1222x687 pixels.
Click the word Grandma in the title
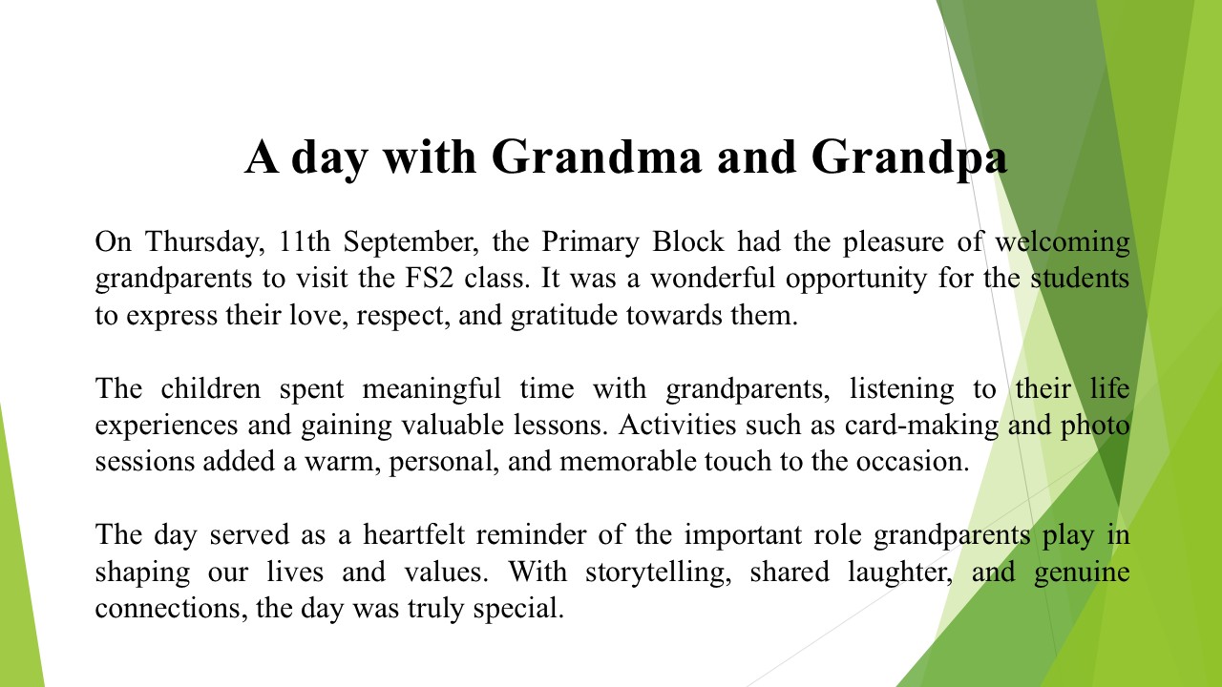click(597, 157)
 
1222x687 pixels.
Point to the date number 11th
click(305, 241)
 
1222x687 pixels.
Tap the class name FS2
click(429, 278)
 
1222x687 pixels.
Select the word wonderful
click(712, 278)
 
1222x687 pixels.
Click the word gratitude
click(563, 316)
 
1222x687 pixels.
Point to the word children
click(211, 388)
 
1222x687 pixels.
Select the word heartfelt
click(414, 534)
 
